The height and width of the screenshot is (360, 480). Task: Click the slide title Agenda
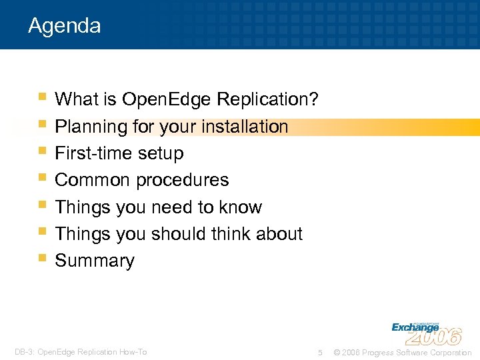pyautogui.click(x=65, y=26)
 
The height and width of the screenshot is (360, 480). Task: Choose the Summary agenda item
pyautogui.click(x=95, y=261)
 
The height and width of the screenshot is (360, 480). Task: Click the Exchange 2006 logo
pyautogui.click(x=426, y=331)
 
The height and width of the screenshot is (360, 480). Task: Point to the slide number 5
pyautogui.click(x=321, y=352)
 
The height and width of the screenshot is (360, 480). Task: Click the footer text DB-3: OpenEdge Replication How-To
pyautogui.click(x=81, y=352)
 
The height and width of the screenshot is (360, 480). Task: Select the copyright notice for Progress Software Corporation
pyautogui.click(x=402, y=352)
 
